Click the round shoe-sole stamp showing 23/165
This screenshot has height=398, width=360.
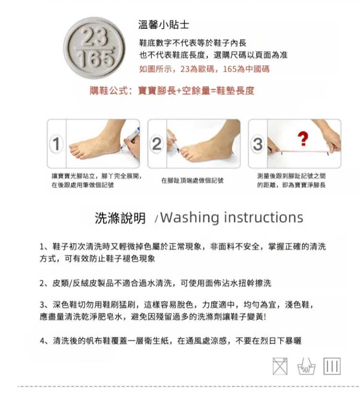94,48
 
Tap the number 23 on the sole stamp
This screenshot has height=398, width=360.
94,36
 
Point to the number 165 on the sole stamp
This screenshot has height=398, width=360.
95,59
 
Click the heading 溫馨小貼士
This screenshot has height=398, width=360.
164,24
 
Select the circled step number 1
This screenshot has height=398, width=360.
56,144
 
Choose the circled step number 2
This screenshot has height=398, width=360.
156,144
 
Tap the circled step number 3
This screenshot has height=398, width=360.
257,144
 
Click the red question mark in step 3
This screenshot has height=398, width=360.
303,139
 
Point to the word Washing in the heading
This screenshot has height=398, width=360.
190,218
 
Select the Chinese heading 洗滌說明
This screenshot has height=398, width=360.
120,218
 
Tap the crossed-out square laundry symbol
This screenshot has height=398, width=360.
280,366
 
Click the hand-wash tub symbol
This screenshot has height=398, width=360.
306,367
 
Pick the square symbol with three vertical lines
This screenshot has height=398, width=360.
332,366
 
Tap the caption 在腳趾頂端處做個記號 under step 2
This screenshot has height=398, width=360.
192,180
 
